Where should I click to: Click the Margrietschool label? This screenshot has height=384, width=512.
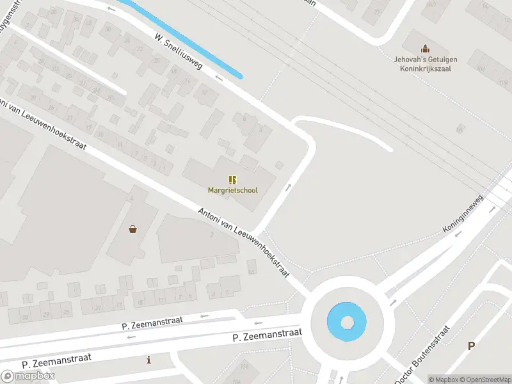tap(232, 190)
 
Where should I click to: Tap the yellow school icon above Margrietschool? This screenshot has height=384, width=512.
tap(232, 180)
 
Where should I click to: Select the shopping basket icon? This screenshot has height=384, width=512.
tap(132, 228)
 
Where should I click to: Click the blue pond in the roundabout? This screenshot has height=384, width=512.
tap(347, 321)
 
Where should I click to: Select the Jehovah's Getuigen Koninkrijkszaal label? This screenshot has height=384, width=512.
tap(422, 64)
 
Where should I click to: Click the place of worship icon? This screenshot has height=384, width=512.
tap(423, 49)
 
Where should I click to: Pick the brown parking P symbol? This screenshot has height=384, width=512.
tap(472, 346)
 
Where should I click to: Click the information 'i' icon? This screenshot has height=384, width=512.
tap(149, 360)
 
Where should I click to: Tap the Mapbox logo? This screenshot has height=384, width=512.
tap(28, 376)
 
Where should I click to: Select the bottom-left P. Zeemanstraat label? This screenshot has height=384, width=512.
tap(56, 360)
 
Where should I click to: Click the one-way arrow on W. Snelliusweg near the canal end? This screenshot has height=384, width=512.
tap(220, 78)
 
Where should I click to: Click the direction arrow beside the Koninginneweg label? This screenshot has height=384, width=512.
tap(458, 234)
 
